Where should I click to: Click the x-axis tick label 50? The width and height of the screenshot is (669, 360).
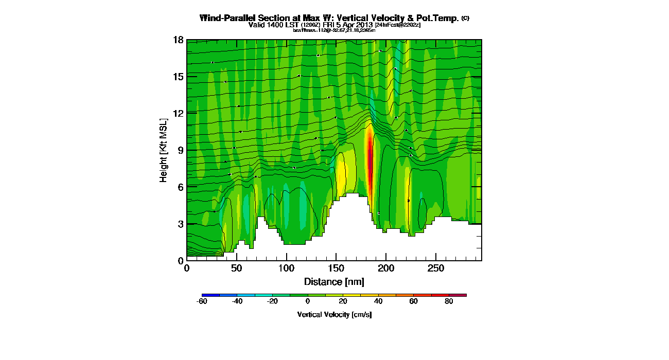(236, 269)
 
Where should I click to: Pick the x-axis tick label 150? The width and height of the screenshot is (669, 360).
(336, 269)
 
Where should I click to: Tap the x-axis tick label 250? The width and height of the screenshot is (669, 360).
(436, 269)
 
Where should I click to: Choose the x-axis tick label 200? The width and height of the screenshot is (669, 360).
(386, 269)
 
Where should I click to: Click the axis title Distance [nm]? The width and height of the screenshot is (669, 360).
(334, 281)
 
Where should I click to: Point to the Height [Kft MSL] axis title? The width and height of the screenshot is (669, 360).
(164, 150)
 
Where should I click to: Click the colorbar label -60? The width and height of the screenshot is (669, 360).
(202, 302)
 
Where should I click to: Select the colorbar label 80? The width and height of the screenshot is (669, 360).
(449, 302)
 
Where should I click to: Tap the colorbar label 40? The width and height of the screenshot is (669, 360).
(378, 302)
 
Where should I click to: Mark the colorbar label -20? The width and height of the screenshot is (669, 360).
(272, 302)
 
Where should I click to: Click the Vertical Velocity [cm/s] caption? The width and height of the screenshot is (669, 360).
(334, 314)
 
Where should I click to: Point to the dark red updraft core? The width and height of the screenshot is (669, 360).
(369, 154)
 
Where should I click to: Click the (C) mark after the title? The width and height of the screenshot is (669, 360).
(465, 18)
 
